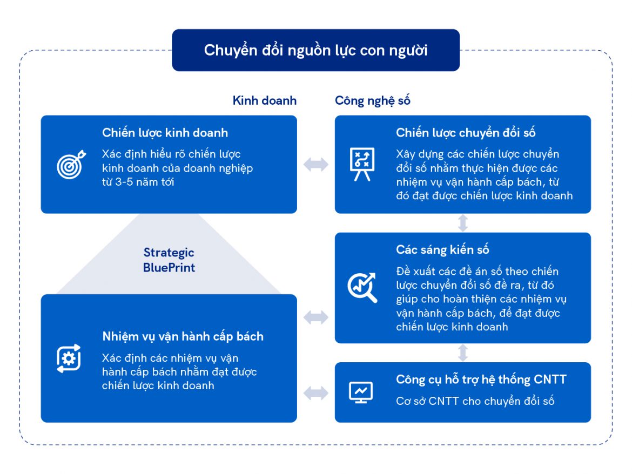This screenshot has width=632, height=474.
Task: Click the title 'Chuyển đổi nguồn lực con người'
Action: pyautogui.click(x=315, y=50)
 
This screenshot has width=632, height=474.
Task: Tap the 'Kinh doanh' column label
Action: pyautogui.click(x=264, y=100)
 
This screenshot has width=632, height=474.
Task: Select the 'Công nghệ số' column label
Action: pyautogui.click(x=373, y=100)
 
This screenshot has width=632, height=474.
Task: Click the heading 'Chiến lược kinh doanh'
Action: pyautogui.click(x=165, y=132)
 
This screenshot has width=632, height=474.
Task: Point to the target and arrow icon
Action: pyautogui.click(x=71, y=164)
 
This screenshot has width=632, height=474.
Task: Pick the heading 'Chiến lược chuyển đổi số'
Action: pyautogui.click(x=466, y=132)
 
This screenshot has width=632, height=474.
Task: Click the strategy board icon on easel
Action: pyautogui.click(x=362, y=164)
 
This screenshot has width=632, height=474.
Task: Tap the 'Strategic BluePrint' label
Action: pyautogui.click(x=169, y=260)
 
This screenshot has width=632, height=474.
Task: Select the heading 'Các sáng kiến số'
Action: pyautogui.click(x=442, y=249)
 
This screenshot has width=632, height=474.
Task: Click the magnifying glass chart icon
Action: pyautogui.click(x=362, y=288)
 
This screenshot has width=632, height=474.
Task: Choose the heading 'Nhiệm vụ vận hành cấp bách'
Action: pyautogui.click(x=183, y=336)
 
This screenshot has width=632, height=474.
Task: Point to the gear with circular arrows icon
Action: pyautogui.click(x=69, y=358)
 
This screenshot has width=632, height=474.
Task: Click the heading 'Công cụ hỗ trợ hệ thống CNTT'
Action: pyautogui.click(x=481, y=379)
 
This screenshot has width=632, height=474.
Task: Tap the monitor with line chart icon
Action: pyautogui.click(x=361, y=392)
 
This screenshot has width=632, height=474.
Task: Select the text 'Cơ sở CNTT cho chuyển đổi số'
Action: pyautogui.click(x=475, y=401)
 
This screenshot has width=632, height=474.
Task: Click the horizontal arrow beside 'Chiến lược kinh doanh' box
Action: pyautogui.click(x=315, y=165)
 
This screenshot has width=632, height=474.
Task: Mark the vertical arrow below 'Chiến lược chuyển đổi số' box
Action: pyautogui.click(x=463, y=222)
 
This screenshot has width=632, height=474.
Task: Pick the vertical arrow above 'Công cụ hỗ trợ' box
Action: pyautogui.click(x=463, y=353)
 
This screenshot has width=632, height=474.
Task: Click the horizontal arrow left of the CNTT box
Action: pyautogui.click(x=315, y=393)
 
